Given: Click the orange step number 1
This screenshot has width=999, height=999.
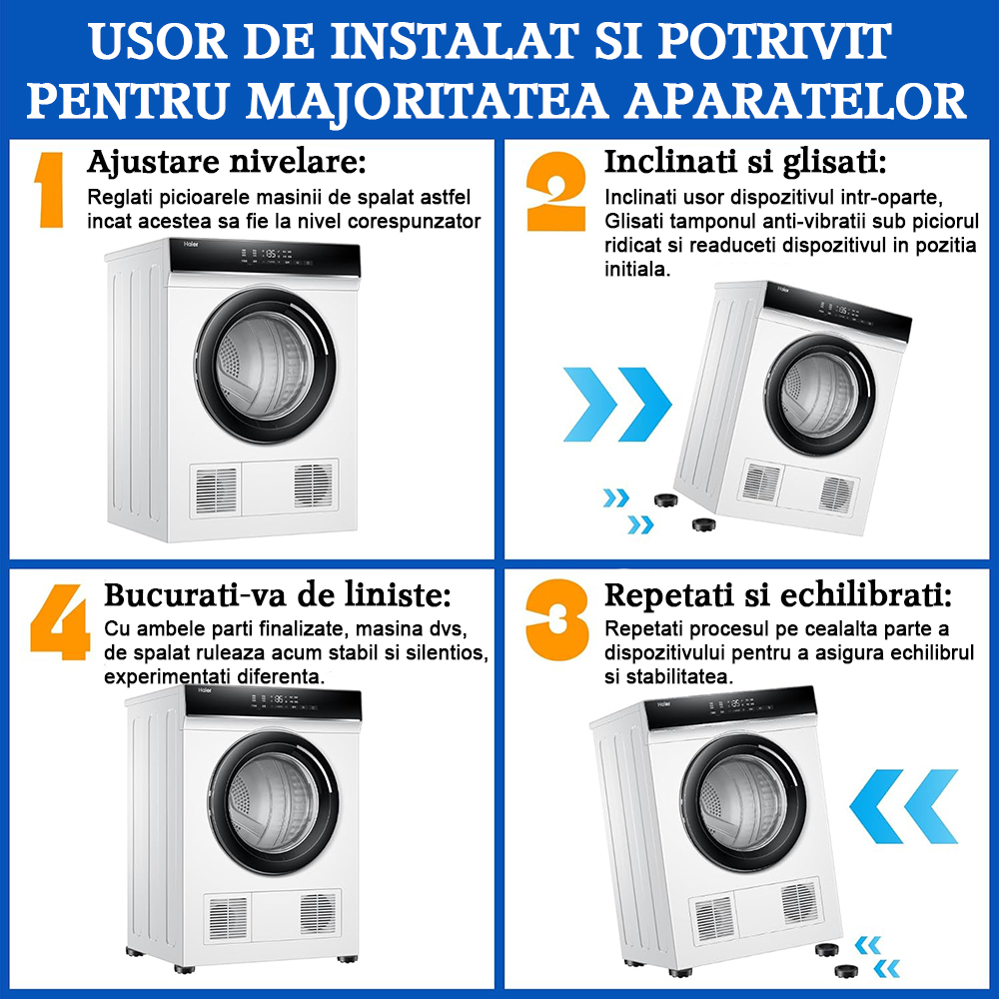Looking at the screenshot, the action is coord(50,190).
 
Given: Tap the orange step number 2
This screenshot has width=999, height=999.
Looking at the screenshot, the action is coord(555,191).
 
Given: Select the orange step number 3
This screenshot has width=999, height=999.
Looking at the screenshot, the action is coord(557,619).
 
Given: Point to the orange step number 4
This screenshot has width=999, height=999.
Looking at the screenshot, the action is coord(60,621).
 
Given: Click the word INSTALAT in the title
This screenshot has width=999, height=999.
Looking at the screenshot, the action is coord(455,43).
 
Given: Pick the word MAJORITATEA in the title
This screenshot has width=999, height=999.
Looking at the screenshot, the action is coord(427,102).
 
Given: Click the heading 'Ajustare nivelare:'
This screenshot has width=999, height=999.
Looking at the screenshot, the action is coord(227,162).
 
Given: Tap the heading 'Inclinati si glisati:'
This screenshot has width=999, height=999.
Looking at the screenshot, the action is coord(745,162).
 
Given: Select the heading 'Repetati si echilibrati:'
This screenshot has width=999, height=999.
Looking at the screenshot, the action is coord(778,596).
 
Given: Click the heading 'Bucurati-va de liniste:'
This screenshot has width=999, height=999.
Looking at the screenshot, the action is coord(278,595).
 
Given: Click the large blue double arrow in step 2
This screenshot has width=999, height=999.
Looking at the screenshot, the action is coord(617,404).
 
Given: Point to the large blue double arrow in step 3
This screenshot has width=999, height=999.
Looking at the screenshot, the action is coord(904,806).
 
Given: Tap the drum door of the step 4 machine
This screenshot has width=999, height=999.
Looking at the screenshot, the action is coord(274,803).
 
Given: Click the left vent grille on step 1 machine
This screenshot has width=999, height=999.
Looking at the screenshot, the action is coord(216,491).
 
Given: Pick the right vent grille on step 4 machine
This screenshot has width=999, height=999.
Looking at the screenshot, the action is coord(318,915).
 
